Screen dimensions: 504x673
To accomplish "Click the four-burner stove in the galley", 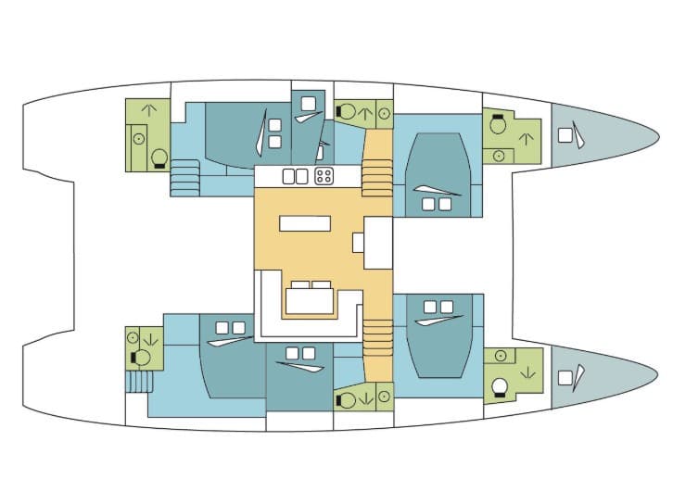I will point(324,175).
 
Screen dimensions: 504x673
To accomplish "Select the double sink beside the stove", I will point(294,175).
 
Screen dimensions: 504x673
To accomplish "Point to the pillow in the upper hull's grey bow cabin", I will point(565,135).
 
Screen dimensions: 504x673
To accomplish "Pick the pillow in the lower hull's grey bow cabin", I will point(565,377).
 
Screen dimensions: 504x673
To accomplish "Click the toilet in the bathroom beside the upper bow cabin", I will point(498,124).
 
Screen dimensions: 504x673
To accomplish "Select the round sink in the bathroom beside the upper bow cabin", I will point(498,155).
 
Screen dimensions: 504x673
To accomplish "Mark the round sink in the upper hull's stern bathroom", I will point(138,139).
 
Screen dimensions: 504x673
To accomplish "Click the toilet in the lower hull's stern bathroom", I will point(143,357).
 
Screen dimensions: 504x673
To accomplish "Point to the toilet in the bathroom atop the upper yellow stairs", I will point(347,111).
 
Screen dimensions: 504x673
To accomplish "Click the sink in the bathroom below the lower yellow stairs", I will point(384,398).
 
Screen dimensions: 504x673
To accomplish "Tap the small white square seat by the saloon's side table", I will point(358,243).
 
